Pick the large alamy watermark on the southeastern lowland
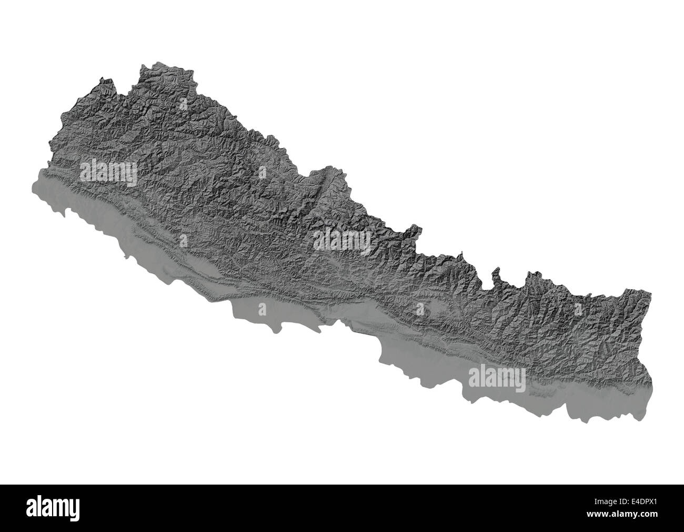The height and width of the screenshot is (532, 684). click(496, 379)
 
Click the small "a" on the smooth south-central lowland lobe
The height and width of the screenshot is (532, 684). click(261, 310)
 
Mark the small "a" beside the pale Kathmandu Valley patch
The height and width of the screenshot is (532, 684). click(420, 308)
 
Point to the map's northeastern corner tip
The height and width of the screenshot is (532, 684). click(650, 290)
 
